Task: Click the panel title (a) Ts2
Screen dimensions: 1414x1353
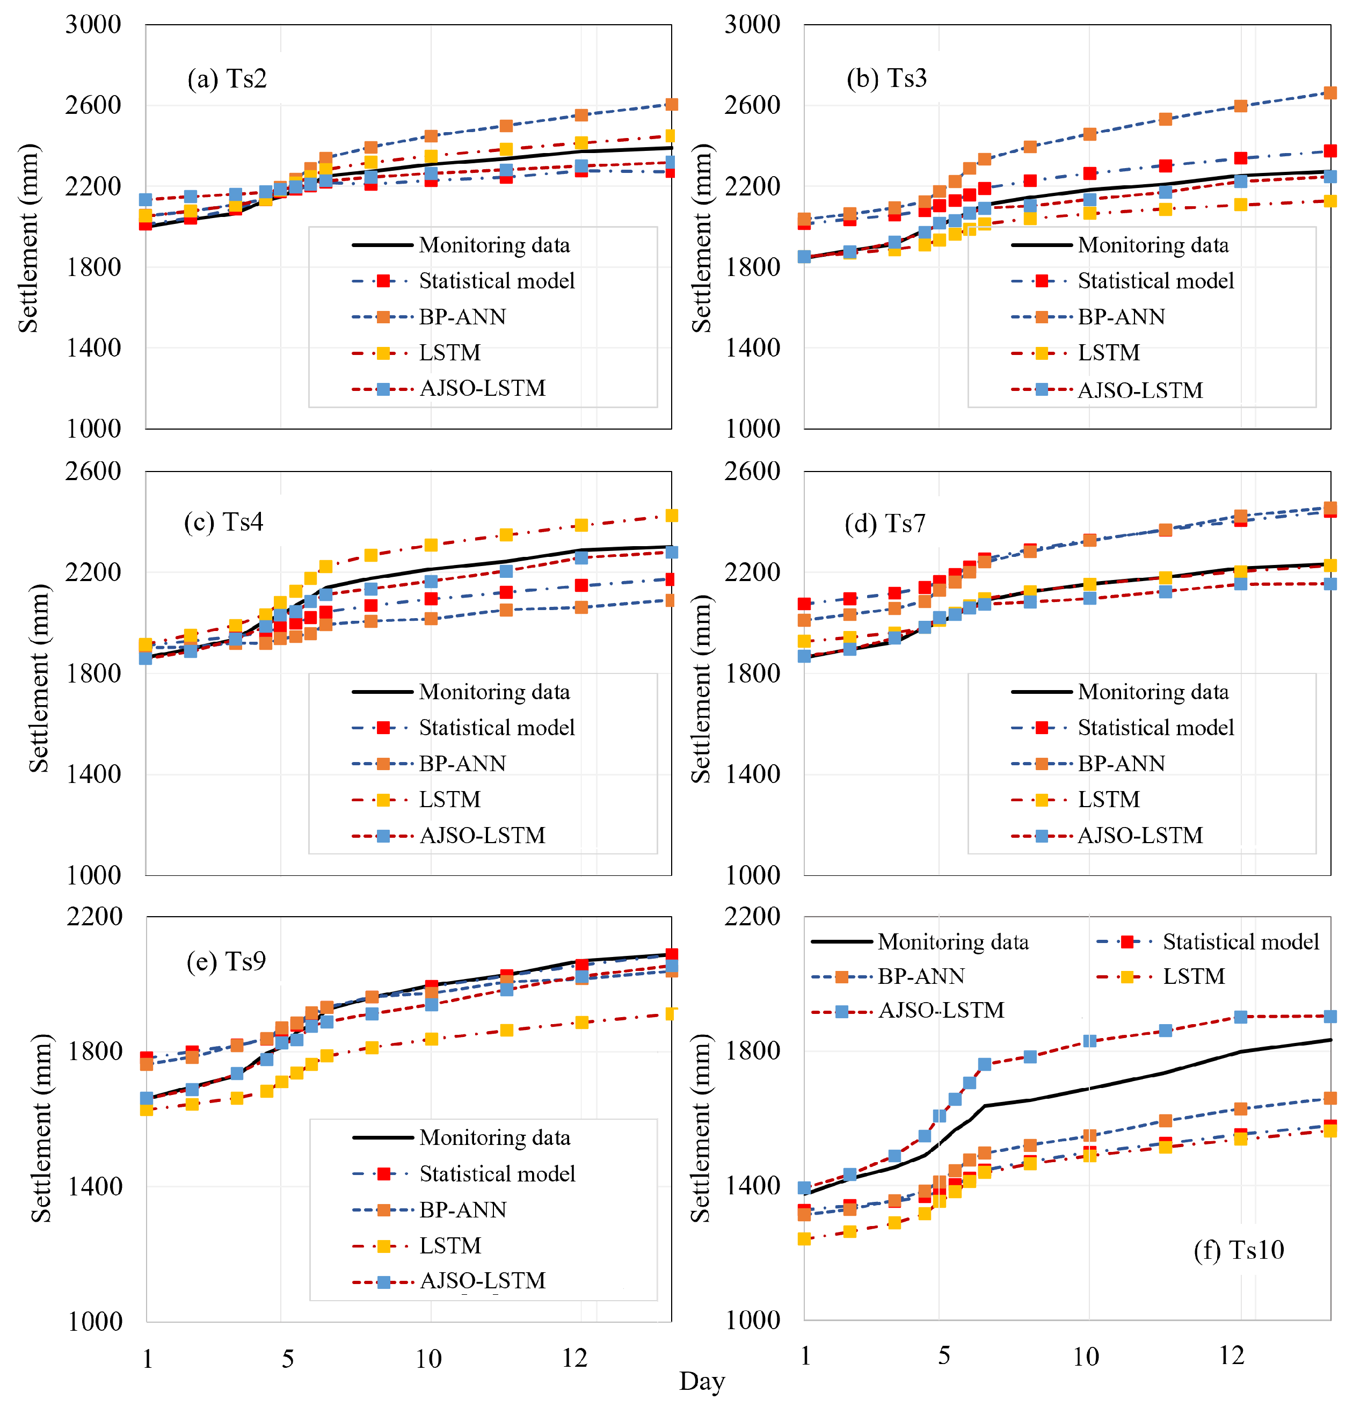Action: [x=227, y=78]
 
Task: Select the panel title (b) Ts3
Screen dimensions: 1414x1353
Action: [x=886, y=78]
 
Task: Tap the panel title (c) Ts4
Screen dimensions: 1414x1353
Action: [x=223, y=523]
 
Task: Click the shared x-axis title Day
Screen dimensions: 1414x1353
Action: [x=702, y=1382]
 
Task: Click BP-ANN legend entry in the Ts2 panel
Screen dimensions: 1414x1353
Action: [x=462, y=317]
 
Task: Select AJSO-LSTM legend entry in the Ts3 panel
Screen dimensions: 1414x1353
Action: [x=1139, y=390]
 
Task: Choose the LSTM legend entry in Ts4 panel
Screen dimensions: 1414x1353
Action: [x=449, y=799]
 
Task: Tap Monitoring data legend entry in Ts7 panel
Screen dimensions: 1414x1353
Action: [x=1153, y=692]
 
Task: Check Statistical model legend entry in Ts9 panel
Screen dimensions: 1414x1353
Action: [x=497, y=1174]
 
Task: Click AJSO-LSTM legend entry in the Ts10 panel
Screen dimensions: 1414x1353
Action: [x=941, y=1010]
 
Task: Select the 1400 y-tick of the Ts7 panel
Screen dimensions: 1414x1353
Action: [x=752, y=774]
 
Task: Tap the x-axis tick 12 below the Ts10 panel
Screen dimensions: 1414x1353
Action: [x=1232, y=1357]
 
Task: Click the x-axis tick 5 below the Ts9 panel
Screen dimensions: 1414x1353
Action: [x=288, y=1359]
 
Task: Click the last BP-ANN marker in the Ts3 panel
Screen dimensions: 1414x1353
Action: [x=1330, y=93]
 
